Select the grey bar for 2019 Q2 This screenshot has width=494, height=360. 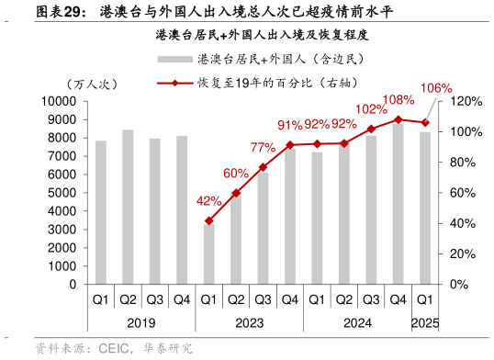[128, 207]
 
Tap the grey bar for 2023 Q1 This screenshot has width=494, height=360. [208, 253]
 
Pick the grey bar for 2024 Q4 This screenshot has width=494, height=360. [398, 203]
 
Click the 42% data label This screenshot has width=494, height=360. [208, 201]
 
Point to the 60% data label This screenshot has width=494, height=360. [235, 174]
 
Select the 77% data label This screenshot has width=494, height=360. [263, 148]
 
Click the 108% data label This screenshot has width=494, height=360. [398, 99]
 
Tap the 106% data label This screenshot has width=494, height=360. [434, 87]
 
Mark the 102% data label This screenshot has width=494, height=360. [371, 109]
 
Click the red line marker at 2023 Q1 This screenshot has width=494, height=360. [208, 221]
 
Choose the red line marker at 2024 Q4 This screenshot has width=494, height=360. [398, 119]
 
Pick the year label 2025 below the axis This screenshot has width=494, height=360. [425, 322]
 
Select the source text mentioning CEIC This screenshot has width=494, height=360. [115, 349]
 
